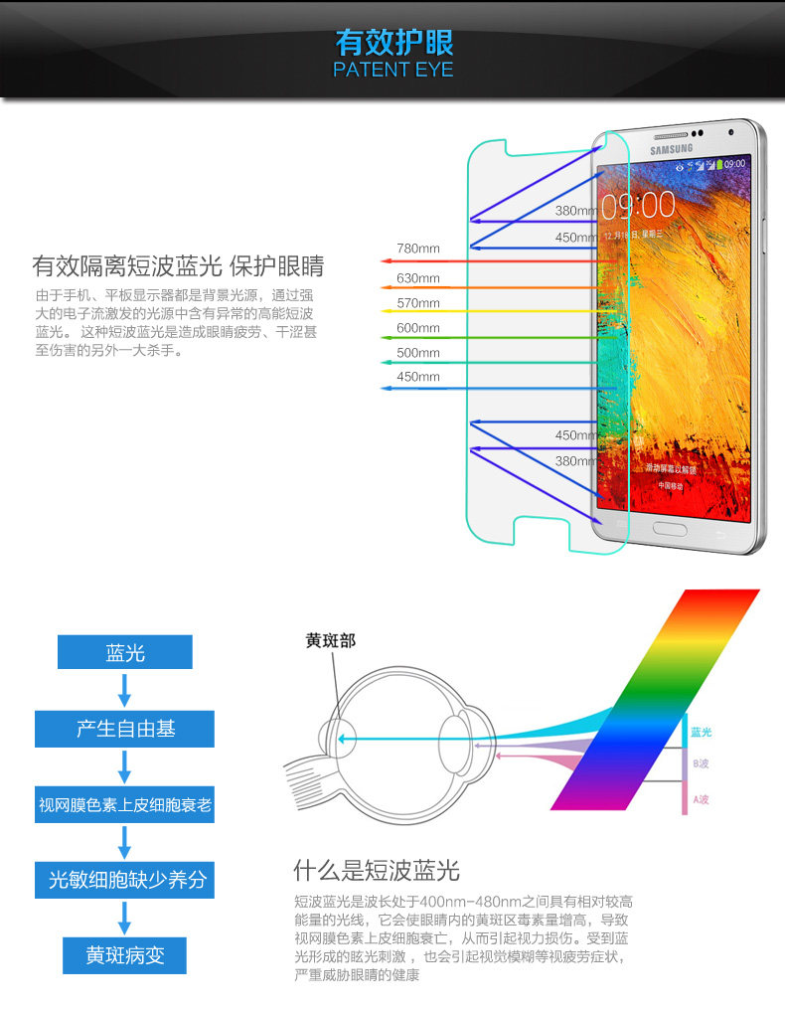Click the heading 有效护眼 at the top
(393, 43)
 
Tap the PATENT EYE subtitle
(393, 70)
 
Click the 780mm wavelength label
(418, 249)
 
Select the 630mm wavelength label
(418, 278)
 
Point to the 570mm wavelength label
(418, 303)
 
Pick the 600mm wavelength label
(418, 328)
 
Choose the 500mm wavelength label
(418, 353)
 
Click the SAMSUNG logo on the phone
(672, 150)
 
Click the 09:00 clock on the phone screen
(637, 206)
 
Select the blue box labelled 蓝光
(125, 652)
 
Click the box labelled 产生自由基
(125, 729)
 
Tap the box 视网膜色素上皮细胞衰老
(125, 804)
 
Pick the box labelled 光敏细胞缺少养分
(125, 880)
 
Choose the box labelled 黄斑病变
(125, 955)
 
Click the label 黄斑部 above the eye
(330, 641)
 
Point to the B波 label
(701, 763)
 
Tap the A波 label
(701, 798)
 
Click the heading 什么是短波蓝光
(377, 871)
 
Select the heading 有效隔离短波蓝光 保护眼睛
(178, 266)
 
